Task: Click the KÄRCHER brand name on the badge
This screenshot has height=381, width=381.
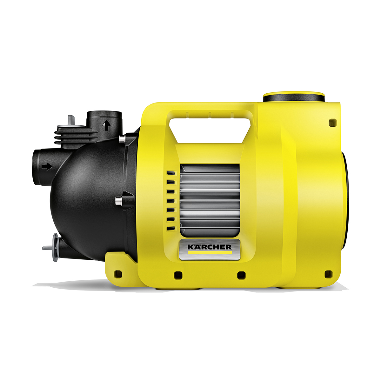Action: pyautogui.click(x=209, y=247)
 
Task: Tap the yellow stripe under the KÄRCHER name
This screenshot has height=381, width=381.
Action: pyautogui.click(x=210, y=252)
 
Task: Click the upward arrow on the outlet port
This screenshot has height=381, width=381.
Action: pyautogui.click(x=106, y=125)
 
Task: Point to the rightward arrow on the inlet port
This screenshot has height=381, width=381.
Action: pyautogui.click(x=47, y=166)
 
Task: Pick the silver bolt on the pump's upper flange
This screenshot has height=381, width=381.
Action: pyautogui.click(x=122, y=139)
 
